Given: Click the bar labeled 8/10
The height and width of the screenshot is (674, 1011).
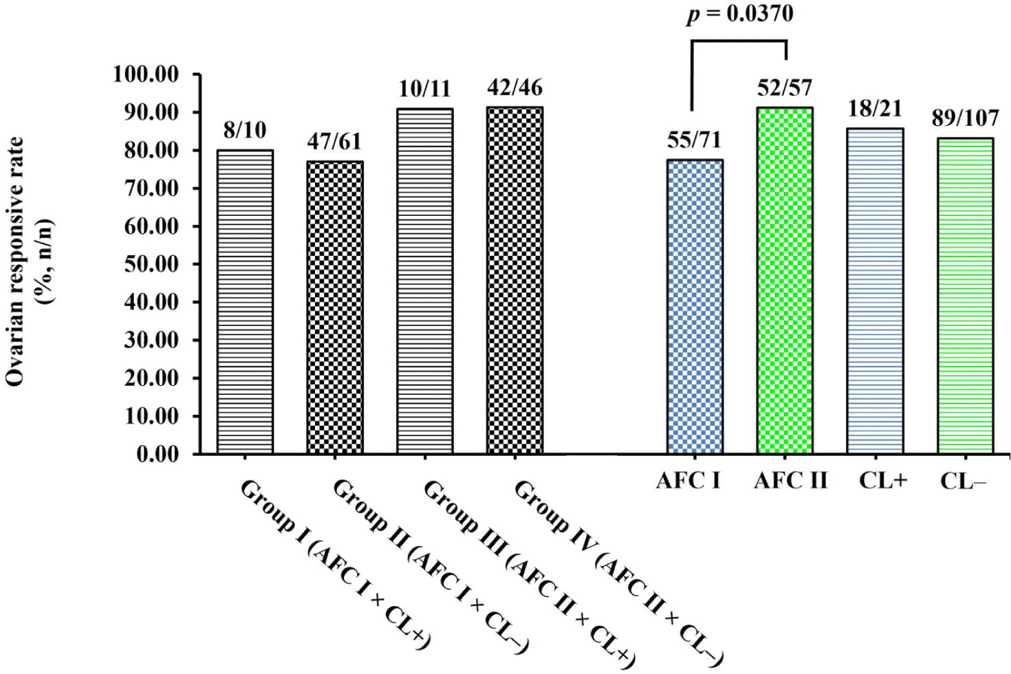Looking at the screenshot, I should [245, 302].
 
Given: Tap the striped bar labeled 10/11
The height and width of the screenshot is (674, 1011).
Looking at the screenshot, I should [424, 281].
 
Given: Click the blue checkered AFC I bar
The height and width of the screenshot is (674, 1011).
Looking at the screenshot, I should [695, 307].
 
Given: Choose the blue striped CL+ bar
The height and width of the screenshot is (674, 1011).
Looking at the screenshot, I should [875, 291].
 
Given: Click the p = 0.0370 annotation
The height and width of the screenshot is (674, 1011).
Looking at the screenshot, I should [739, 14].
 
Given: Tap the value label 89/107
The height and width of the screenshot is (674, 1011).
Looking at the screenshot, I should [966, 118].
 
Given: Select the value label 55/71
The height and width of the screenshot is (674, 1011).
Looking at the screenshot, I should [694, 140].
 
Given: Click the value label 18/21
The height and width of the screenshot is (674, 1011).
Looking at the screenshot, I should [875, 109].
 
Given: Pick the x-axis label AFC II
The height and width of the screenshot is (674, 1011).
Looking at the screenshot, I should [790, 479].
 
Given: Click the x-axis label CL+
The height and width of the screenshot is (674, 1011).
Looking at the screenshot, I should [882, 479].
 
